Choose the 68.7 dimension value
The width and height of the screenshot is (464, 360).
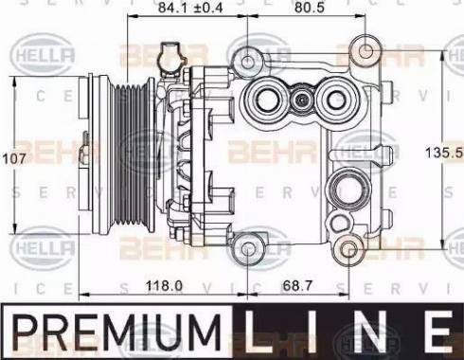coord(296,284)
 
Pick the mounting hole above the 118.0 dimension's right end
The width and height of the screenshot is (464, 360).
coord(248,249)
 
